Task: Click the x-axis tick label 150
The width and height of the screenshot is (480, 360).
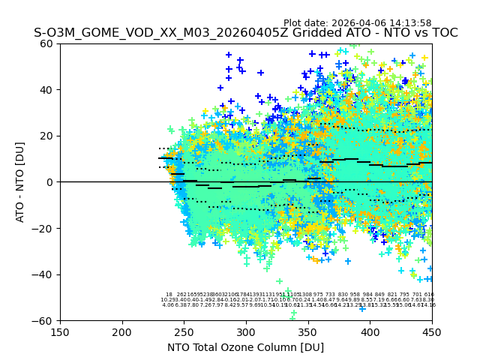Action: click(x=60, y=332)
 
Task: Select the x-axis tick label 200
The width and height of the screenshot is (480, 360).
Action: click(x=122, y=332)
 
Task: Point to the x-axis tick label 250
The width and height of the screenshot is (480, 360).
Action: click(x=184, y=332)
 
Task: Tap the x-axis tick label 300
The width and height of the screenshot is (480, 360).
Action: click(x=246, y=332)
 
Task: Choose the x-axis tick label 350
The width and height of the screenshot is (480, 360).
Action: click(x=308, y=332)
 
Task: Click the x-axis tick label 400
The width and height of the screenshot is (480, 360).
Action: click(x=370, y=332)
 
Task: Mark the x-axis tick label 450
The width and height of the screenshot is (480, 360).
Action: click(x=432, y=332)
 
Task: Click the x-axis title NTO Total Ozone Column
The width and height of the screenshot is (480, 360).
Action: click(x=246, y=347)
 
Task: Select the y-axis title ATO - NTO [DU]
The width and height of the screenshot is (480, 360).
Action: click(x=20, y=182)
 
